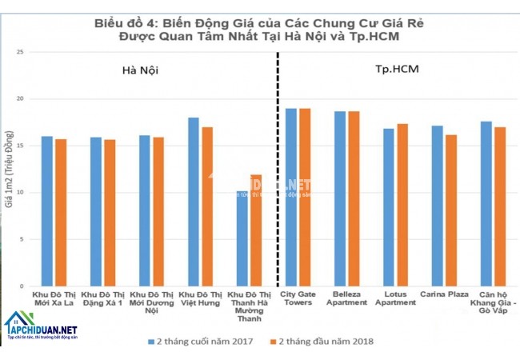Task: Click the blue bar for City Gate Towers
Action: coord(291,197)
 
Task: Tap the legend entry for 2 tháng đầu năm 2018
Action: coord(320,341)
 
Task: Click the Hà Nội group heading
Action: coord(140,70)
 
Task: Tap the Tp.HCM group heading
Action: coord(398,70)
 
